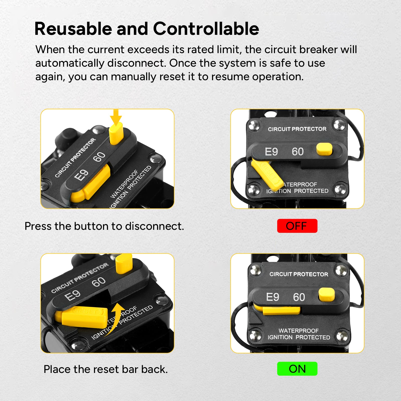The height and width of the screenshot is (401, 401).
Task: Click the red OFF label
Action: tap(297, 226)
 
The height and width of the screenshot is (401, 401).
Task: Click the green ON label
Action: tap(297, 369)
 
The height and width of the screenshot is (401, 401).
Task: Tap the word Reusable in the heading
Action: tap(73, 29)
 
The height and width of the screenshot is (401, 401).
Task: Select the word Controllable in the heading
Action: tap(206, 29)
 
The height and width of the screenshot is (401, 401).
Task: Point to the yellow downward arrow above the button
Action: tap(116, 117)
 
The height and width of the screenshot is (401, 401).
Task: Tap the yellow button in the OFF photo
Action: tap(324, 149)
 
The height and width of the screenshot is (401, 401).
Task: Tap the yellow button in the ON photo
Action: tap(327, 294)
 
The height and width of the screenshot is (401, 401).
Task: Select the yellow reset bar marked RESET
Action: tap(81, 317)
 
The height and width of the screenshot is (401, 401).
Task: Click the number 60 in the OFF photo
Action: tap(298, 152)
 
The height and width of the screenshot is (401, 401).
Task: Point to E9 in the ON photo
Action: tap(273, 297)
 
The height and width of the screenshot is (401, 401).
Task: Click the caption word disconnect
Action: tap(154, 226)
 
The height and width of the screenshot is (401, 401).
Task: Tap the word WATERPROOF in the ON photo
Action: tap(298, 331)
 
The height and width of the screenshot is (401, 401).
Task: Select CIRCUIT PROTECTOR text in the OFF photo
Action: tap(297, 129)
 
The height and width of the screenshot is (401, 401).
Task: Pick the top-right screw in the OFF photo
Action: tap(339, 125)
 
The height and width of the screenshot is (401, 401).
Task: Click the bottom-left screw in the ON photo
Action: tap(255, 335)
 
